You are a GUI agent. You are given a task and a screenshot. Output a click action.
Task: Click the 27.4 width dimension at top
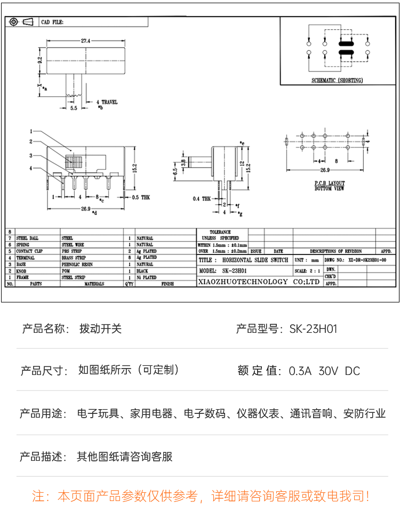(85, 41)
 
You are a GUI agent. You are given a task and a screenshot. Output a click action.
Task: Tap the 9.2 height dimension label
(39, 61)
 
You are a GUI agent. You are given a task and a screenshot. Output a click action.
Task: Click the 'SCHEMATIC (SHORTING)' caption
(337, 81)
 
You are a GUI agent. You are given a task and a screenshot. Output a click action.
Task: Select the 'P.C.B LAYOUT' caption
(329, 183)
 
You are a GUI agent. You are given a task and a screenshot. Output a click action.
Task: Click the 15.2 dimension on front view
(135, 167)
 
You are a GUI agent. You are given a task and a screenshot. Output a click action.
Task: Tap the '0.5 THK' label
(141, 197)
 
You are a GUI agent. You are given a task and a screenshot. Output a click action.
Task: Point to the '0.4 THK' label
(202, 198)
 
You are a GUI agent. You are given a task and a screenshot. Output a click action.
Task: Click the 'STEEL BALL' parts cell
(28, 238)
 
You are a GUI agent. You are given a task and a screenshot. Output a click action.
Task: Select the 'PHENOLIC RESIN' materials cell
(77, 264)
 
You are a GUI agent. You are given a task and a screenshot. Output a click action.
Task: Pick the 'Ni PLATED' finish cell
(146, 277)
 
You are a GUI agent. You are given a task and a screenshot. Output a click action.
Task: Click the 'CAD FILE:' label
(52, 22)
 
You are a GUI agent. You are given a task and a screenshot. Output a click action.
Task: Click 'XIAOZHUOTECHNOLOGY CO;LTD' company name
(258, 281)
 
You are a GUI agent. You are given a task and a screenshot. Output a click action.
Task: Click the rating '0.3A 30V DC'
(324, 371)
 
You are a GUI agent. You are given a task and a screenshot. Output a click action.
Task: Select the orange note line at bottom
(200, 497)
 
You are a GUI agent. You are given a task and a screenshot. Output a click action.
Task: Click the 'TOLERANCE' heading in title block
(220, 232)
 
